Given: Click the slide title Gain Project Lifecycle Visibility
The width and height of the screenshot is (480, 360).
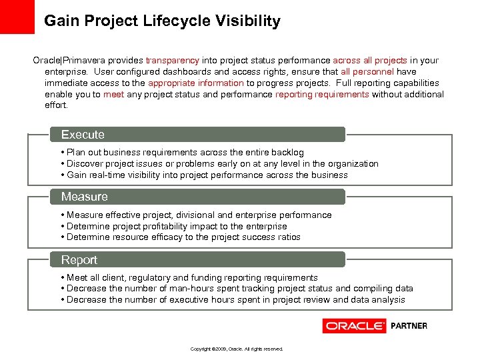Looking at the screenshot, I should (x=162, y=21).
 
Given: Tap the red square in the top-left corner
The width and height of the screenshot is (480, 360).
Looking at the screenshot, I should (x=17, y=17).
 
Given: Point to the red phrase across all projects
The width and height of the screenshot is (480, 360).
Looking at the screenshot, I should (x=370, y=61).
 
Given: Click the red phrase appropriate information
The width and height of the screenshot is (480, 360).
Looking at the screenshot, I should (x=196, y=83).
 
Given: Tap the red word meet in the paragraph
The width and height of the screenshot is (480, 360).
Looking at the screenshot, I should (x=113, y=95).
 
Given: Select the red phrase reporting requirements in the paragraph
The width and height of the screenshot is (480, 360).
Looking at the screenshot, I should (x=322, y=95).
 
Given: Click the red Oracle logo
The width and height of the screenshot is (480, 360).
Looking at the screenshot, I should (x=354, y=326).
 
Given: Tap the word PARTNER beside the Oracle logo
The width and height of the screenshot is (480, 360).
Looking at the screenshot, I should (x=409, y=326).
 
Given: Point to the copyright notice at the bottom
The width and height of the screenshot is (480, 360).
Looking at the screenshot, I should (x=237, y=349).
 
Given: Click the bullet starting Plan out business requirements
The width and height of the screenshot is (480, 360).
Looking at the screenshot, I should (x=185, y=153).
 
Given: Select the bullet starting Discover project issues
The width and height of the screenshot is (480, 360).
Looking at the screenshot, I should (x=222, y=164).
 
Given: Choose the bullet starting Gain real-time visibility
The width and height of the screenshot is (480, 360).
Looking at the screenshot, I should (x=207, y=175).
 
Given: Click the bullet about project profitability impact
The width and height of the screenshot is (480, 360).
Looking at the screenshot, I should (x=177, y=226).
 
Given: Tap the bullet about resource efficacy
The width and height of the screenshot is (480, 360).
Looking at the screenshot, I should (x=183, y=237).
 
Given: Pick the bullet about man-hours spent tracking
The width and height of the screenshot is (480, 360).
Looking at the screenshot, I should (x=240, y=289).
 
